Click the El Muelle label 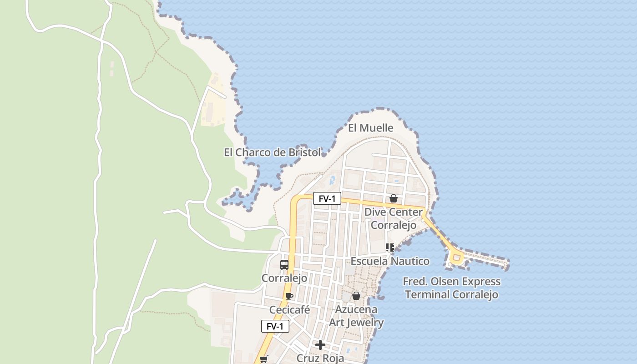[370, 128]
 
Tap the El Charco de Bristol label [272, 152]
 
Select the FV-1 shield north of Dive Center [327, 198]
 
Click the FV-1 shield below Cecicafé [275, 326]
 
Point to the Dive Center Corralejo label [394, 218]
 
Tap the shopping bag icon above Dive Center [394, 198]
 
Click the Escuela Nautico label [390, 261]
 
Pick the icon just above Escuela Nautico [389, 248]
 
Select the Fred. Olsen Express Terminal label [452, 288]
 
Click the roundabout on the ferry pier [456, 258]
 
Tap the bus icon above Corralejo [284, 265]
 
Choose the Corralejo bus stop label [284, 278]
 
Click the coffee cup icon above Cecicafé [289, 297]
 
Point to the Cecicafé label [289, 310]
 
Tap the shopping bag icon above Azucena [356, 296]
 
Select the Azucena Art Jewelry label [356, 316]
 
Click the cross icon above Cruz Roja [320, 345]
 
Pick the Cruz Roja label [320, 358]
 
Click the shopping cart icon [263, 359]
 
